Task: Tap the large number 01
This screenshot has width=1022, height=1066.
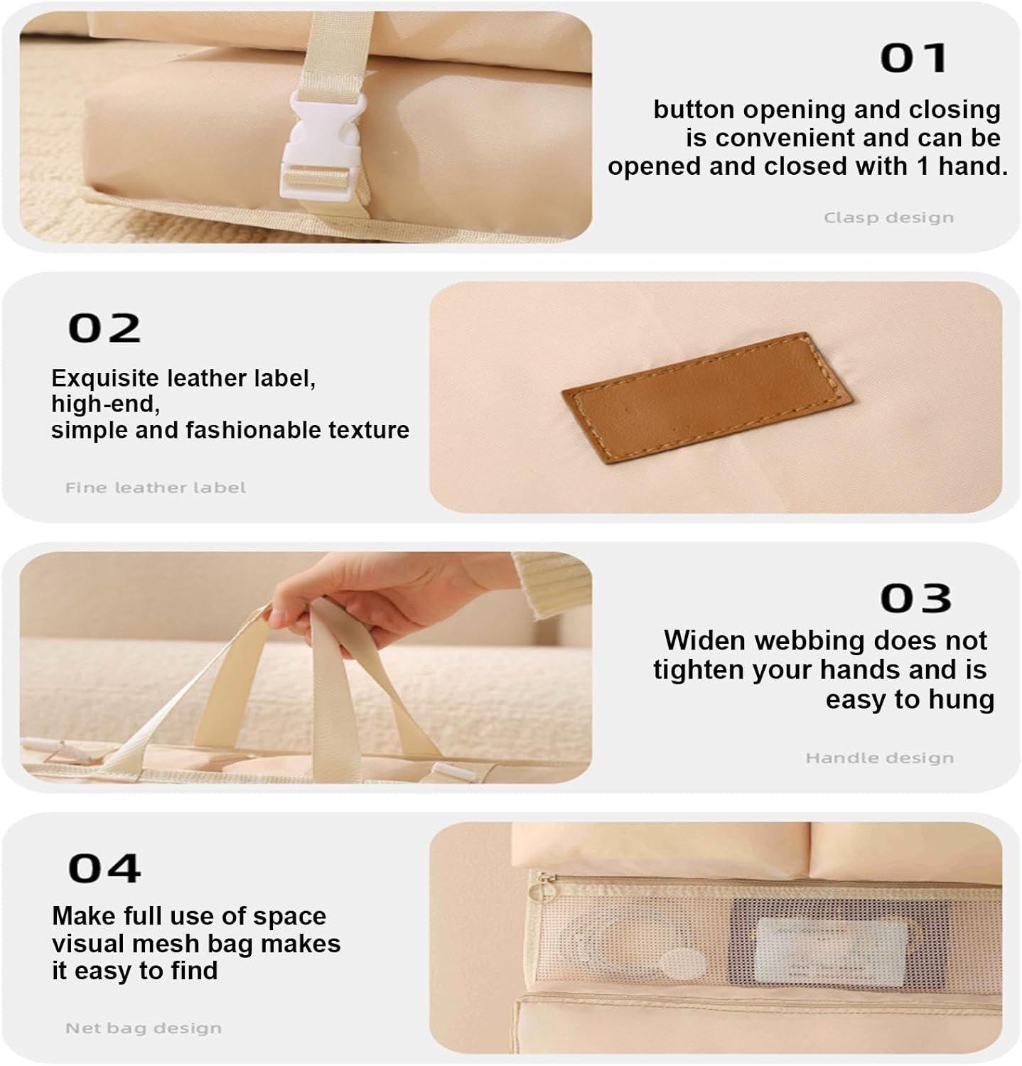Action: point(914,58)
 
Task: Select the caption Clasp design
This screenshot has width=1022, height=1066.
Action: point(888,217)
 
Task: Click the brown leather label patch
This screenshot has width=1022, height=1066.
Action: point(707,397)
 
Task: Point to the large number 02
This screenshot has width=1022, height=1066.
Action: point(104,328)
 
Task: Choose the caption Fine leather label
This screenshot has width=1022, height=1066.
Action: point(156,488)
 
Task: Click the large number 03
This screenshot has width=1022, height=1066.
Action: point(915,598)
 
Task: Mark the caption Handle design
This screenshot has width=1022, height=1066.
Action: point(879,758)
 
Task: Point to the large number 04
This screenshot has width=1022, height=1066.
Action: point(104,868)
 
